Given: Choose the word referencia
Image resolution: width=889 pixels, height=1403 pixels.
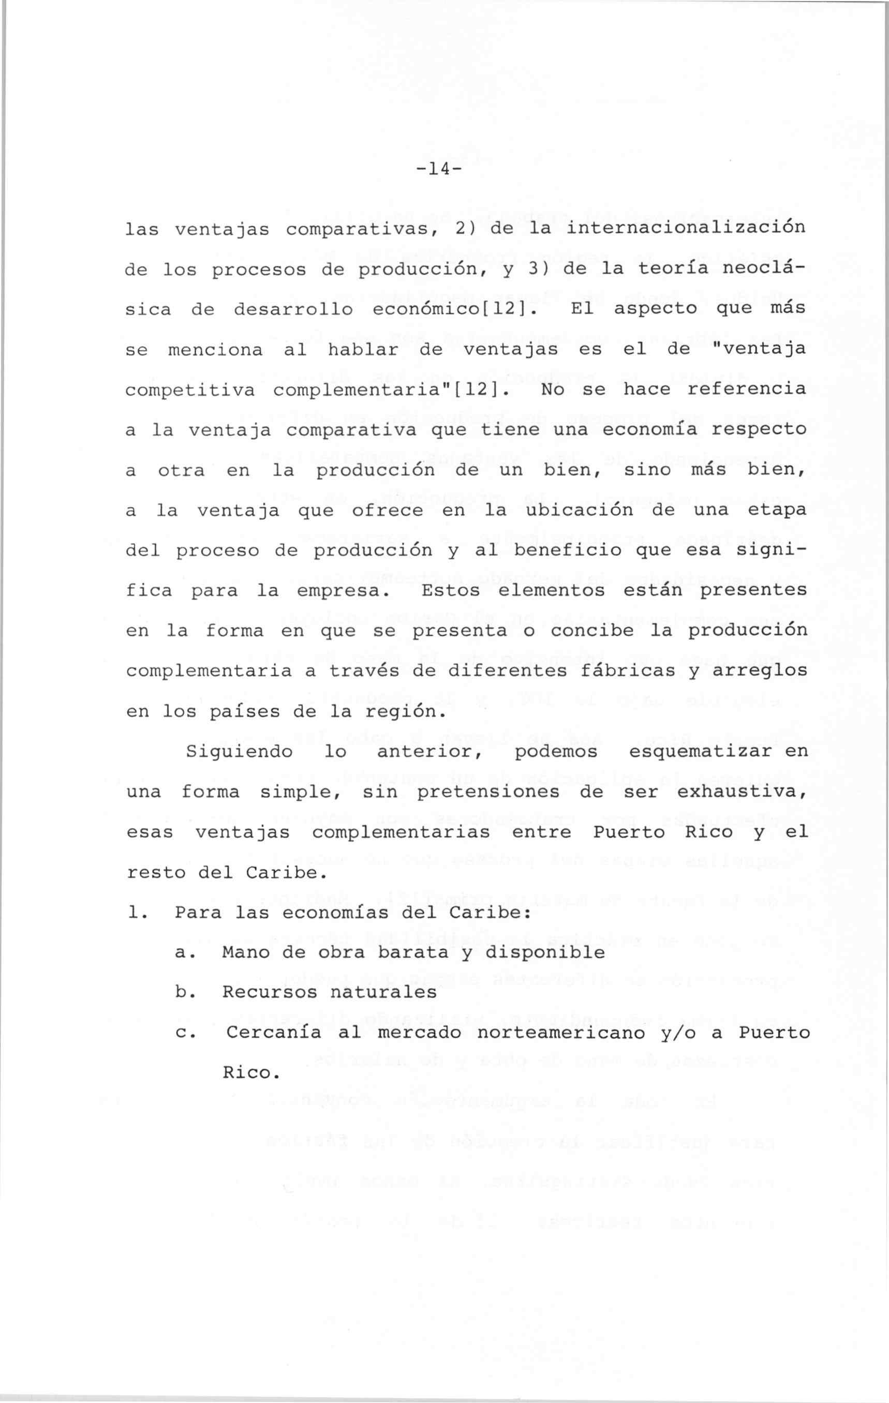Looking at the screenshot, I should [x=747, y=389].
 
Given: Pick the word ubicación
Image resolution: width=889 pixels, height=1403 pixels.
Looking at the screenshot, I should [x=571, y=511].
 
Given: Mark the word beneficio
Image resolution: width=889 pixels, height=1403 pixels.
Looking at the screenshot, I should [x=568, y=551].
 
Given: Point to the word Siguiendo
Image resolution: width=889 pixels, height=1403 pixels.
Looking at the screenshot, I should [x=240, y=752].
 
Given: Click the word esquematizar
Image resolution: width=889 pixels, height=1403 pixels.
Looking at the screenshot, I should [x=701, y=752].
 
